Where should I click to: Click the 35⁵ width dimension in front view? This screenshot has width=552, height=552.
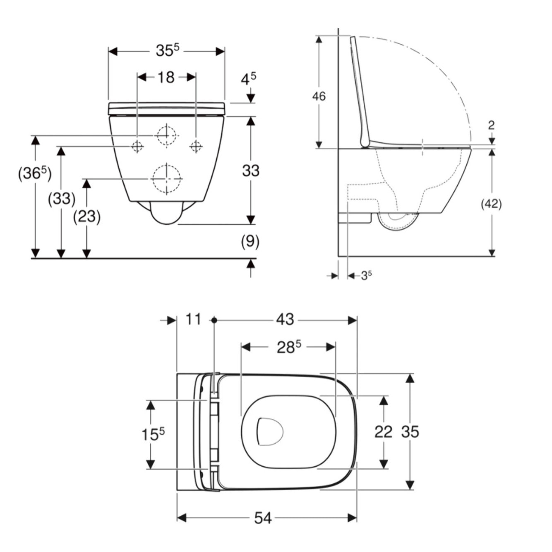pyautogui.click(x=167, y=51)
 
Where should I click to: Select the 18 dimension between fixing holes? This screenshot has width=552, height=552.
pyautogui.click(x=166, y=77)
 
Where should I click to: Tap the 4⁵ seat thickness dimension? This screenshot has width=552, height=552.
pyautogui.click(x=248, y=79)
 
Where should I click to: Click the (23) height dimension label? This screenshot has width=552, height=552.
pyautogui.click(x=87, y=216)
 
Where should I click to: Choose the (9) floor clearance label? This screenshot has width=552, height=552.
pyautogui.click(x=250, y=241)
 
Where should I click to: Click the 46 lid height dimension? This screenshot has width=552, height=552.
pyautogui.click(x=319, y=96)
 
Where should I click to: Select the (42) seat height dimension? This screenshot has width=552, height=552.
pyautogui.click(x=491, y=204)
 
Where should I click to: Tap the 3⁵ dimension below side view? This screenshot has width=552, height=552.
pyautogui.click(x=366, y=275)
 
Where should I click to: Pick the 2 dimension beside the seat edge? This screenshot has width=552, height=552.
pyautogui.click(x=491, y=125)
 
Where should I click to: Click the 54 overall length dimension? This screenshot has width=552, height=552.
pyautogui.click(x=262, y=518)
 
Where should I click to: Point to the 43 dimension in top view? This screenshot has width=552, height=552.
pyautogui.click(x=285, y=319)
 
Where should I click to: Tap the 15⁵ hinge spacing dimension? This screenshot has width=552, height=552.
pyautogui.click(x=153, y=434)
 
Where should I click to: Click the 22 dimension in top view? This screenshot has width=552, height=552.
pyautogui.click(x=383, y=432)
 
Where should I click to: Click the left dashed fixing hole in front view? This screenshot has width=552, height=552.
pyautogui.click(x=137, y=146)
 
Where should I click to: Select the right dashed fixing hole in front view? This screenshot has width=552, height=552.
pyautogui.click(x=196, y=146)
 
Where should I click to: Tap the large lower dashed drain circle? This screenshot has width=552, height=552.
pyautogui.click(x=167, y=178)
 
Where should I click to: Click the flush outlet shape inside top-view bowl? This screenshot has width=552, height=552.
pyautogui.click(x=269, y=432)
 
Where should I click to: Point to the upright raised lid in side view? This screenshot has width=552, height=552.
pyautogui.click(x=360, y=91)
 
